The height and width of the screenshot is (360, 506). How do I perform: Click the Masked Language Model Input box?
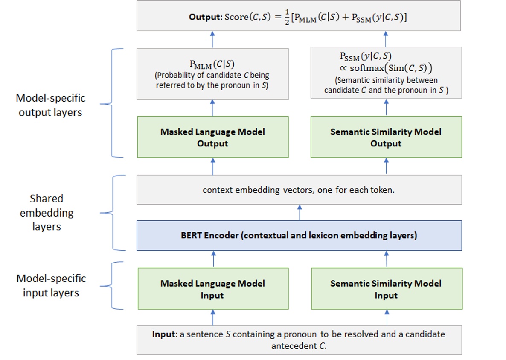[213, 289]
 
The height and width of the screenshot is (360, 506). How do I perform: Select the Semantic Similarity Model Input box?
[387, 289]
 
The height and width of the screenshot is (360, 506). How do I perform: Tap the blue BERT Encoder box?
[299, 235]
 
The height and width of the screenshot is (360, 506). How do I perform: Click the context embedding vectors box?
[299, 190]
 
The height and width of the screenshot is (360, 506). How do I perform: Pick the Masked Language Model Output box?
[213, 137]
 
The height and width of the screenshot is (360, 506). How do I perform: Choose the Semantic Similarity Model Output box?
[386, 137]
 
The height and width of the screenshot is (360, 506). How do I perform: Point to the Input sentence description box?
[299, 340]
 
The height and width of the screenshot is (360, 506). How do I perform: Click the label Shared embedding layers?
[47, 212]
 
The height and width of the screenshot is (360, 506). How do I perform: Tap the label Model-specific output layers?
[51, 105]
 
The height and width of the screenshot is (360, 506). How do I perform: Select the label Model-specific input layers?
[51, 286]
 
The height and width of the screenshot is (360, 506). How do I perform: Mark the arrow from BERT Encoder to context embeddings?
[299, 212]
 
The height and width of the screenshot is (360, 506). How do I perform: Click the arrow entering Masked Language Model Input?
[213, 317]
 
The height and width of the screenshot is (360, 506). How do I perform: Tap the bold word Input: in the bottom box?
[165, 334]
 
